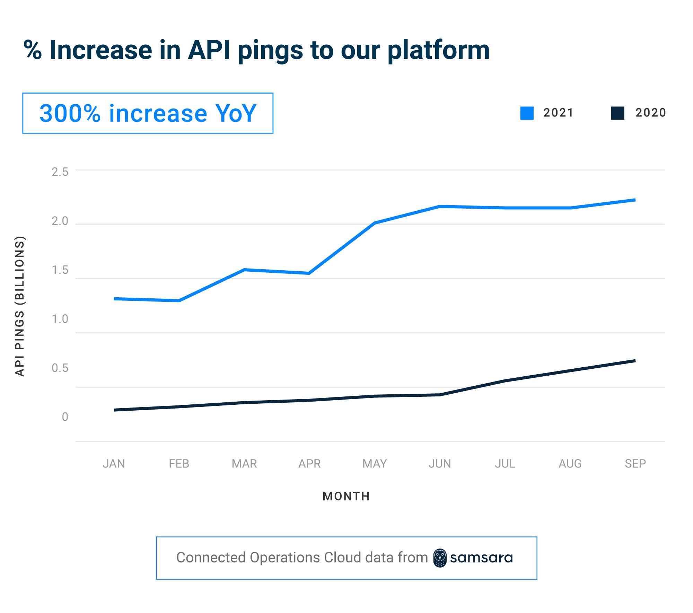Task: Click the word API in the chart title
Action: [209, 50]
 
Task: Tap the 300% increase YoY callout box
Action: [148, 113]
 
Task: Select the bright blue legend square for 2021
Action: [527, 113]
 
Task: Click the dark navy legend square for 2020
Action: [617, 113]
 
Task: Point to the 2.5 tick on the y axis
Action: [60, 172]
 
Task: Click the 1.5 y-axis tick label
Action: [60, 270]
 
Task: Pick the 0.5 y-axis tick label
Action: [60, 368]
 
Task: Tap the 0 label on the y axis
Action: [65, 417]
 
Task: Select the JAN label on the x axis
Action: [114, 464]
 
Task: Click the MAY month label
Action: [375, 464]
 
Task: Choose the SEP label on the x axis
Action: [635, 464]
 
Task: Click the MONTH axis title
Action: [346, 496]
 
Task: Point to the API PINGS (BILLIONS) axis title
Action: [20, 306]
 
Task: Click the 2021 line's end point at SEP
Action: [635, 200]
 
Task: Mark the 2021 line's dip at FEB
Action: [179, 300]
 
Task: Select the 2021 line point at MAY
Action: [375, 223]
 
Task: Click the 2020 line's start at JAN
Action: [114, 410]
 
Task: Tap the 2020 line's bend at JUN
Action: [440, 395]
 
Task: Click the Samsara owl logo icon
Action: [440, 558]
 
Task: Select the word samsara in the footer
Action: [481, 558]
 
